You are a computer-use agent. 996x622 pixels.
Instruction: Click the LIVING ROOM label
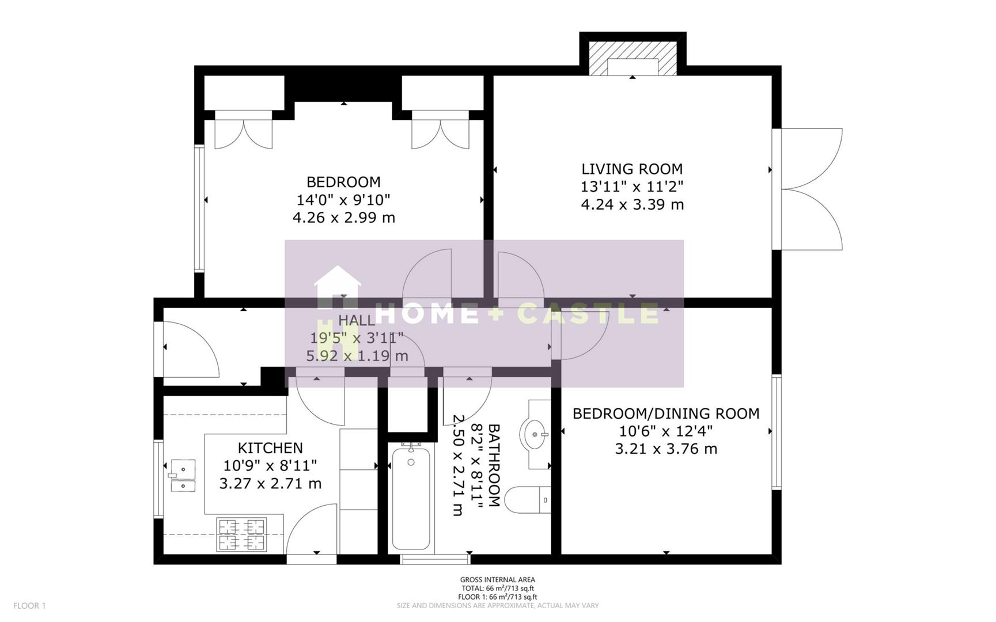632,169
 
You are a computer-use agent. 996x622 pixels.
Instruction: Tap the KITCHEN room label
270,447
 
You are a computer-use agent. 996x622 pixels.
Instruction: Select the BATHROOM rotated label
494,465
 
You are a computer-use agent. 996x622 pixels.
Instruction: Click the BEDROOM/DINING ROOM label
666,413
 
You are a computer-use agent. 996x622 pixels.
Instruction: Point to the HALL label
356,320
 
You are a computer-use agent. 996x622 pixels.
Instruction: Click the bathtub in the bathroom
411,499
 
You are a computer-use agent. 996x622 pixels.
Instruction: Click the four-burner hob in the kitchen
241,534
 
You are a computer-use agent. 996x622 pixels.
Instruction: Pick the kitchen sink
183,475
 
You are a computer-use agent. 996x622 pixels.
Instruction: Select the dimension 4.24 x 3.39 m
632,204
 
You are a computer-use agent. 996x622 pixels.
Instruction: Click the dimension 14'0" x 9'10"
343,200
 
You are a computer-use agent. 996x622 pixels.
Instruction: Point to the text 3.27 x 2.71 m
270,483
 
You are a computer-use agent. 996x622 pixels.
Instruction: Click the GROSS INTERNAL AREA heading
497,579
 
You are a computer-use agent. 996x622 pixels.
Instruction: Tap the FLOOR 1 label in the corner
29,605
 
